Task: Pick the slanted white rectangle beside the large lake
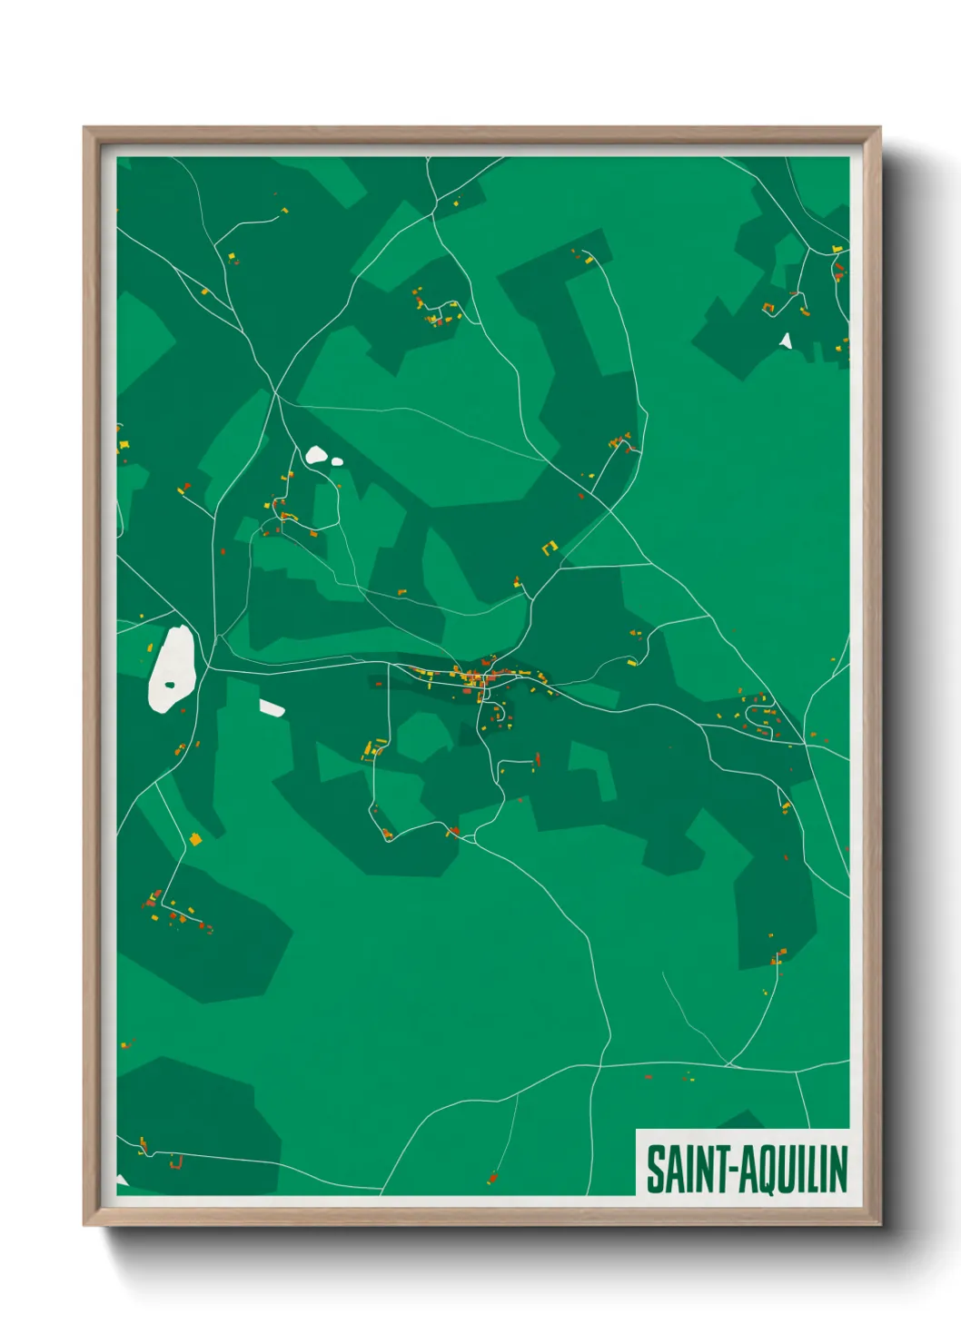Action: (x=272, y=707)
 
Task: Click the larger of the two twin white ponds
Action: (x=316, y=454)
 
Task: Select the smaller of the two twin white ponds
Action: (x=337, y=461)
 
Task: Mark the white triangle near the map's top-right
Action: (x=786, y=341)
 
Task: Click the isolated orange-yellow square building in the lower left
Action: (x=194, y=839)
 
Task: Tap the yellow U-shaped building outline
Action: (x=549, y=548)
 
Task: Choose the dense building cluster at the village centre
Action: (x=474, y=677)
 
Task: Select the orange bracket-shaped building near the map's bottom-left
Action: (x=176, y=1161)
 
